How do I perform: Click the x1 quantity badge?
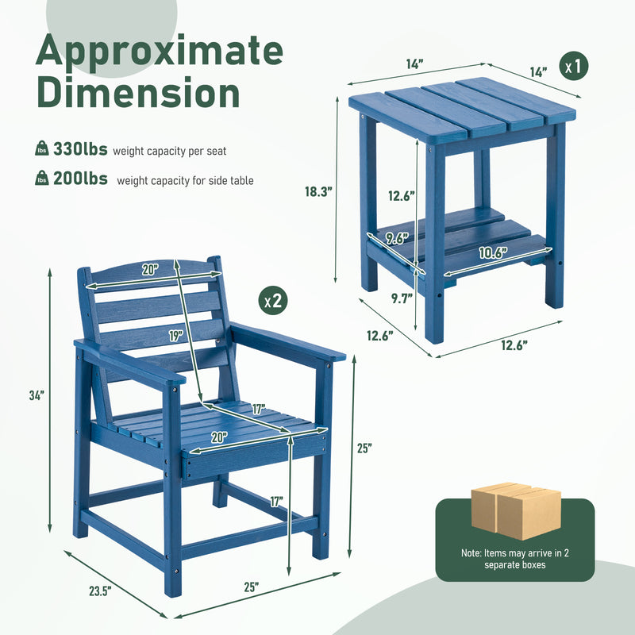[573, 66]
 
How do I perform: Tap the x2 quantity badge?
[273, 301]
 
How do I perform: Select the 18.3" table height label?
[319, 191]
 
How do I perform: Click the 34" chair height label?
[37, 395]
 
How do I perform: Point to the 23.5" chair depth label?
[100, 591]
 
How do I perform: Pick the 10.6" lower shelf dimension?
[493, 252]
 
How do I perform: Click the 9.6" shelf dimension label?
[396, 238]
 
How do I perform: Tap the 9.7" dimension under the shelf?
[402, 298]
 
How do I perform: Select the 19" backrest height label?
[176, 336]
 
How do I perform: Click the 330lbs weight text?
[80, 149]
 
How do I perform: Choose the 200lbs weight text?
[80, 179]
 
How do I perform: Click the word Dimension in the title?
[138, 92]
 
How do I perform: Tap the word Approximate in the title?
[160, 50]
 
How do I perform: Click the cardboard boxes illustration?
[515, 510]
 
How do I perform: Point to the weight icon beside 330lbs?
[42, 148]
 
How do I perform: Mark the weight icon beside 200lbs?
[42, 178]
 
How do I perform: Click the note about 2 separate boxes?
[514, 559]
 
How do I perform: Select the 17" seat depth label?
[259, 409]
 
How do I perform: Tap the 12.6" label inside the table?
[402, 196]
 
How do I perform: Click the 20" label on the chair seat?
[219, 437]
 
